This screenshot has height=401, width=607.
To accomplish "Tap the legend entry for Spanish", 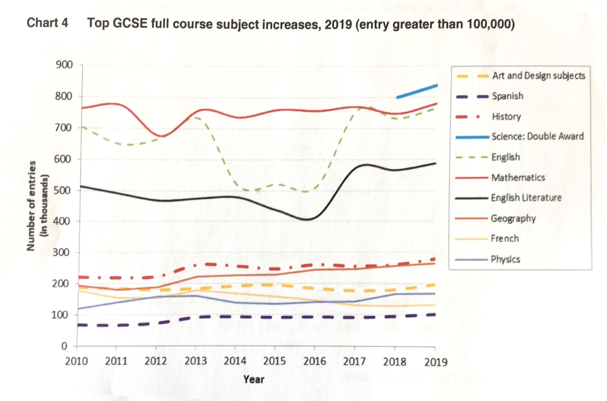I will pyautogui.click(x=507, y=96).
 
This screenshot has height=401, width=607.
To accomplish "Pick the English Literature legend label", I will pyautogui.click(x=526, y=198).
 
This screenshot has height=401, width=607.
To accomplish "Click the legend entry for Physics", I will pyautogui.click(x=505, y=259).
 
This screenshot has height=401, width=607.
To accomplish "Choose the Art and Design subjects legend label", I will pyautogui.click(x=539, y=76).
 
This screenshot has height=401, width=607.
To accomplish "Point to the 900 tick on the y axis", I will pyautogui.click(x=64, y=65).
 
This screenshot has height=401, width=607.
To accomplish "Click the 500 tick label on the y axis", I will pyautogui.click(x=62, y=191).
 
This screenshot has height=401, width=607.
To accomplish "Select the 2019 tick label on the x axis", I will pyautogui.click(x=436, y=362).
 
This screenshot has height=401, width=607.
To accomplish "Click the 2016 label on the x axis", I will pyautogui.click(x=314, y=361).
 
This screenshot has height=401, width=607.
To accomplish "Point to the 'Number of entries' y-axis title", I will pyautogui.click(x=31, y=206).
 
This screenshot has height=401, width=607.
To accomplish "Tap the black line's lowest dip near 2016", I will pyautogui.click(x=308, y=219).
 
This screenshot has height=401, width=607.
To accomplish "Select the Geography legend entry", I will pyautogui.click(x=513, y=218).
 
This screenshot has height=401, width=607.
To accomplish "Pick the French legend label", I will pyautogui.click(x=505, y=239).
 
